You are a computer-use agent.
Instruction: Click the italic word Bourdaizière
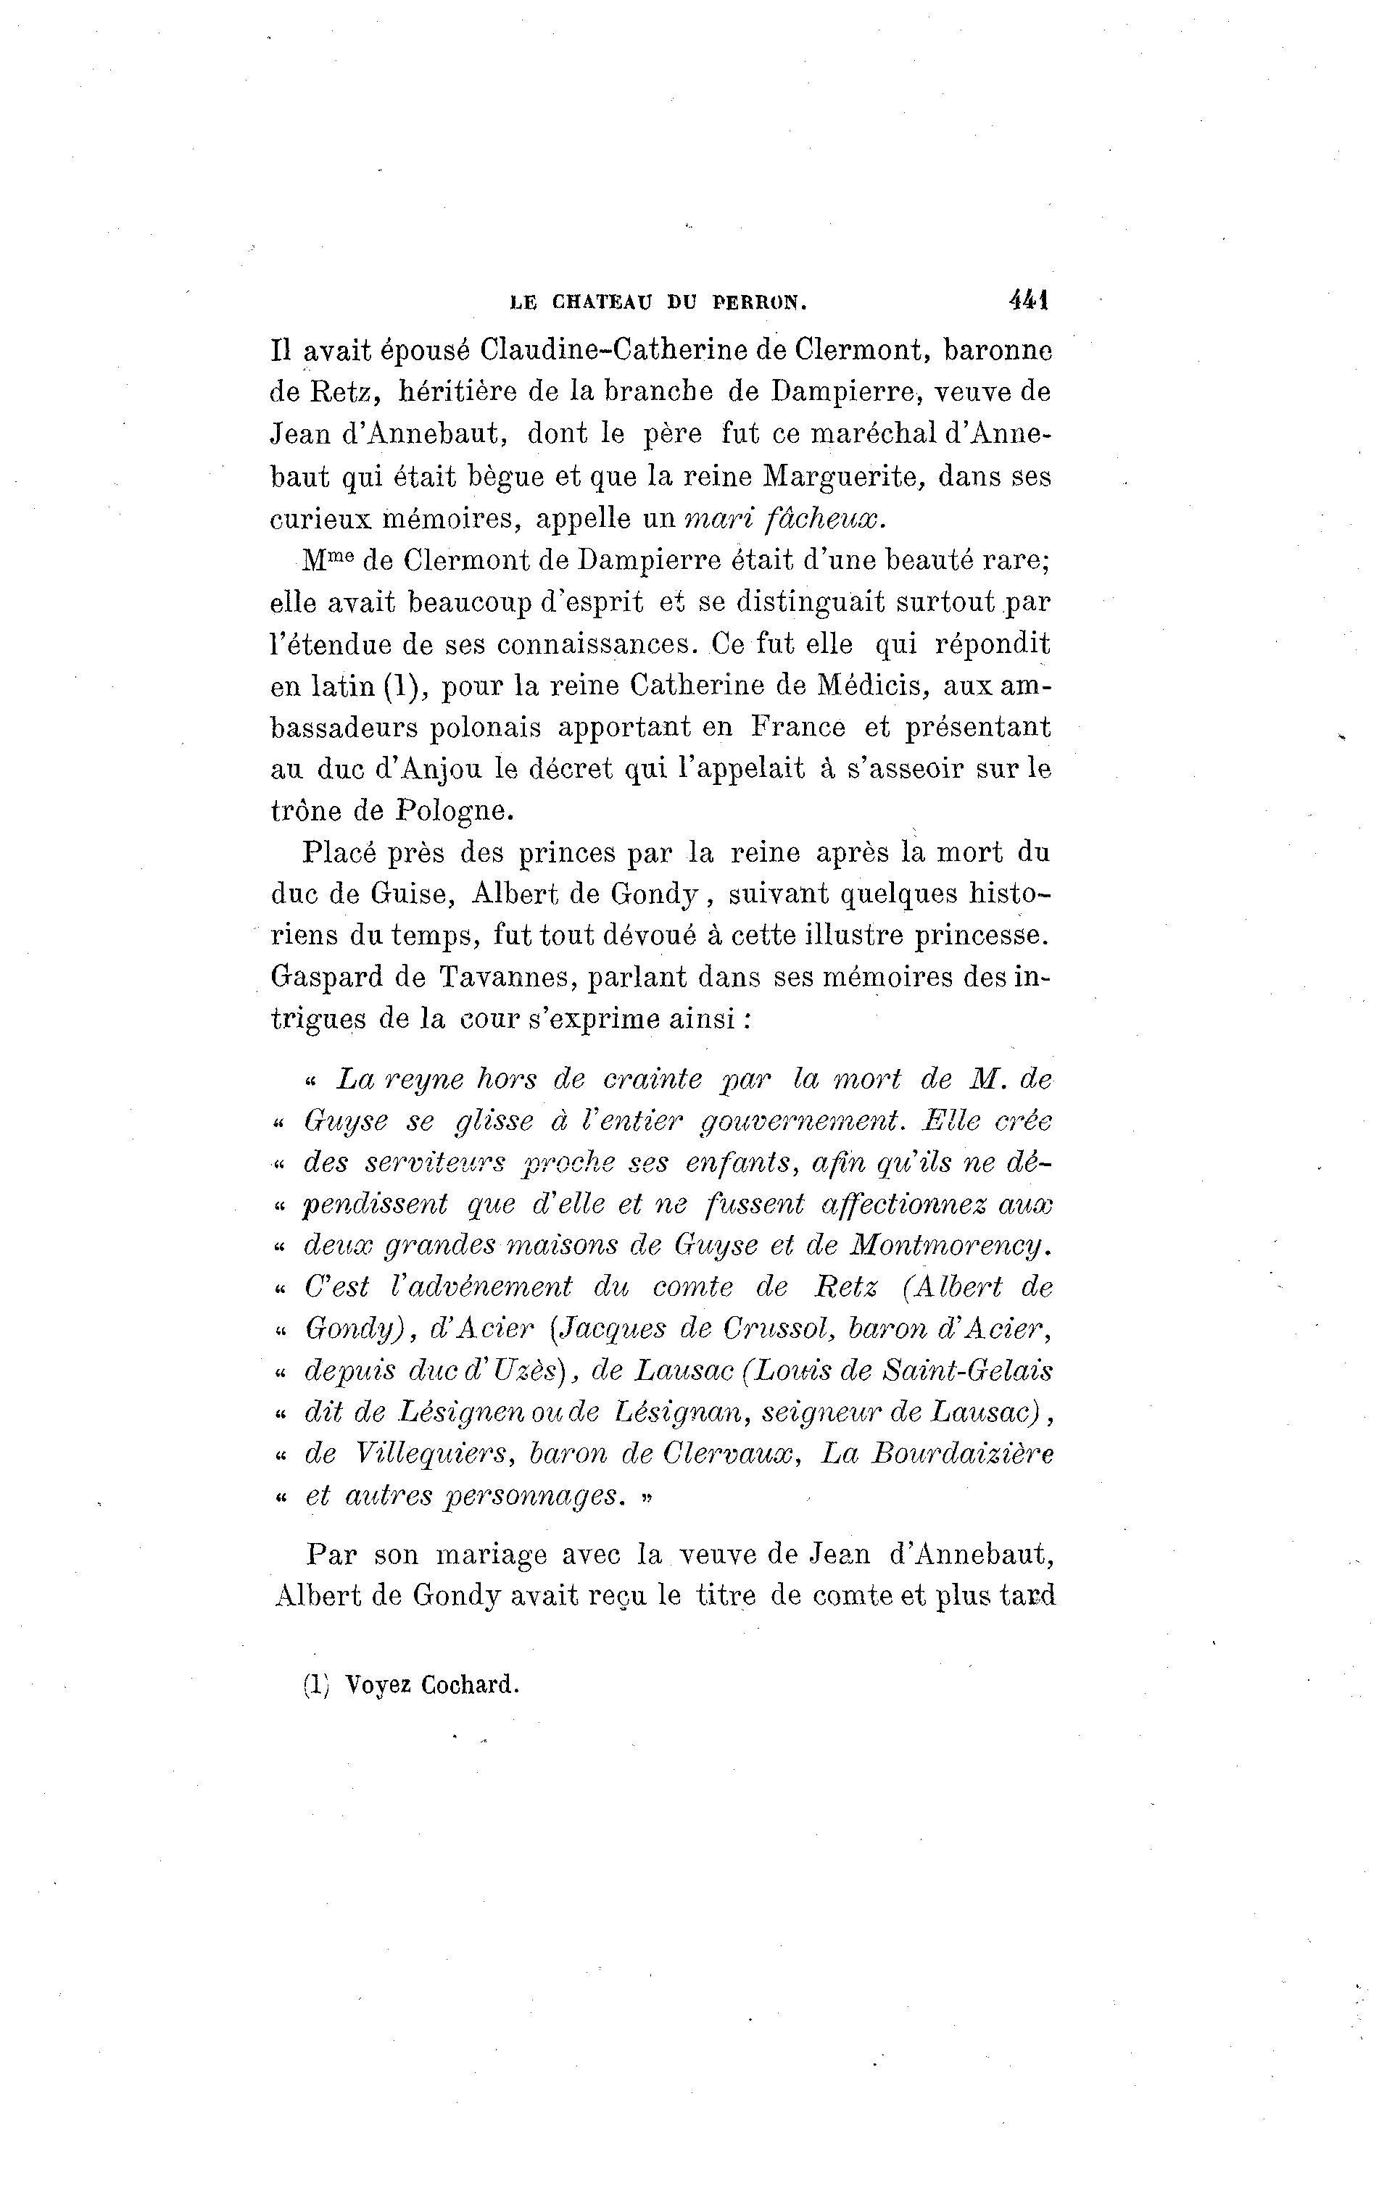962,1454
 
